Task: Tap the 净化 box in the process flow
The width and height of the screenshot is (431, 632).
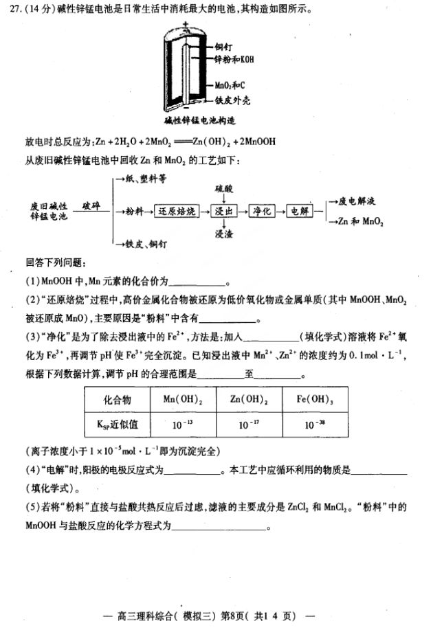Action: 264,211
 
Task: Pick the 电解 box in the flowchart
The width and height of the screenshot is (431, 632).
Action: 300,211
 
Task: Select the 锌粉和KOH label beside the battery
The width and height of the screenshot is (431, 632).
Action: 234,60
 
